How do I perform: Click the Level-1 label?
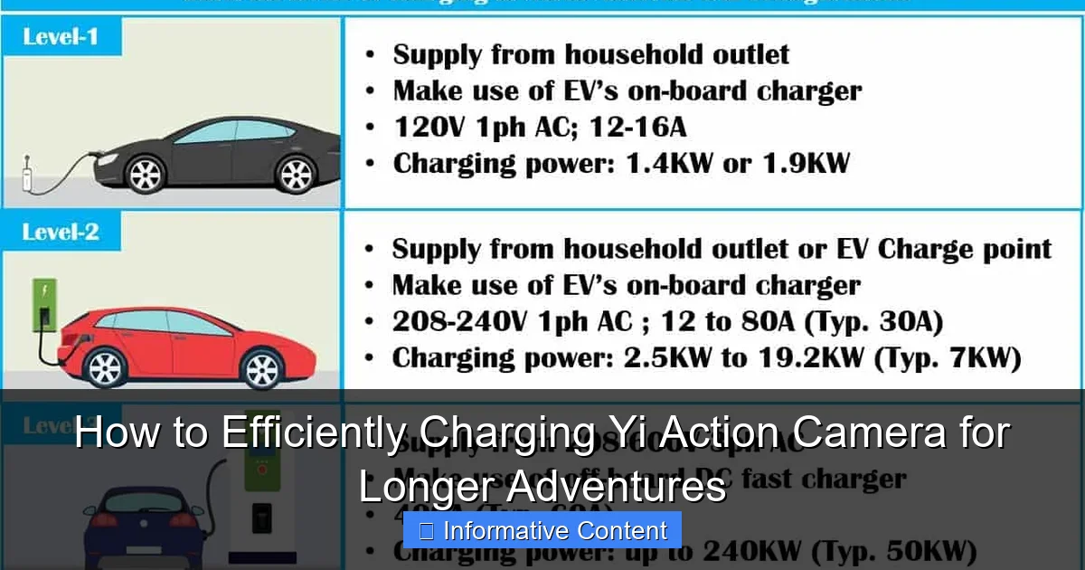pyautogui.click(x=61, y=38)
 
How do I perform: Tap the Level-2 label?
pyautogui.click(x=61, y=233)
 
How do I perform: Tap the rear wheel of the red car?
pyautogui.click(x=262, y=368)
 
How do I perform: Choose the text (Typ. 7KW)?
pyautogui.click(x=948, y=358)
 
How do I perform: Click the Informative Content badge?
pyautogui.click(x=542, y=530)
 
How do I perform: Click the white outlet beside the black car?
pyautogui.click(x=27, y=174)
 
